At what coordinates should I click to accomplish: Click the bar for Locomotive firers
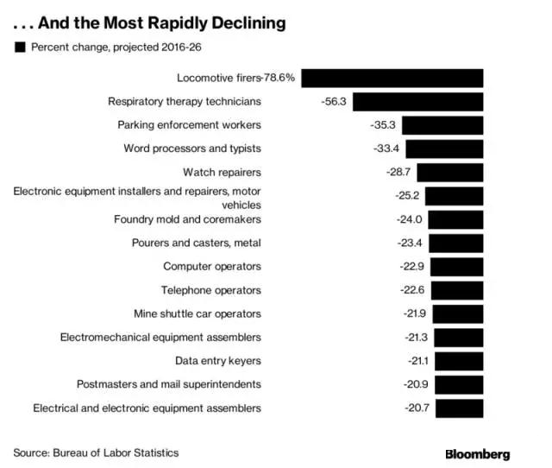pyautogui.click(x=392, y=78)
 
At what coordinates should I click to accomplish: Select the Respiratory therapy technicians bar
pyautogui.click(x=418, y=101)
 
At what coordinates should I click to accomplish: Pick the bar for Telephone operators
pyautogui.click(x=455, y=290)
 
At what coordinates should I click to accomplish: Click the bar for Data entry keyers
pyautogui.click(x=456, y=360)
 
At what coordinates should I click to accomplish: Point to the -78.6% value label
pyautogui.click(x=279, y=78)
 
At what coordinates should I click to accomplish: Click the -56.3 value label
pyautogui.click(x=332, y=101)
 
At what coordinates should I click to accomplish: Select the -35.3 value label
pyautogui.click(x=382, y=125)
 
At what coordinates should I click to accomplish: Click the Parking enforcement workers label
pyautogui.click(x=189, y=125)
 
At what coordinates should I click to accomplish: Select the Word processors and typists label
pyautogui.click(x=192, y=149)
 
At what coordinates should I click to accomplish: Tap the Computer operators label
pyautogui.click(x=211, y=266)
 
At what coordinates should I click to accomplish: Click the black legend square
pyautogui.click(x=20, y=47)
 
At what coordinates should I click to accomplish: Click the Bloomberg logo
pyautogui.click(x=477, y=453)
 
